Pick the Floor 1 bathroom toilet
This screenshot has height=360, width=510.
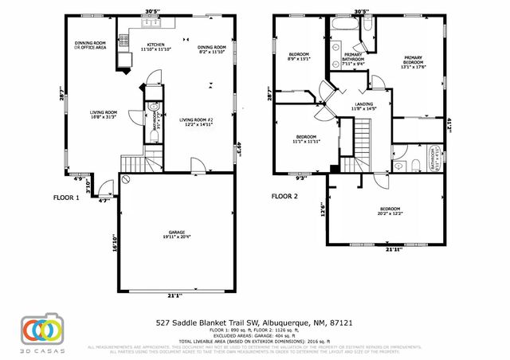tap(154, 108)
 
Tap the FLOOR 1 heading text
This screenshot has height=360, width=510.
tap(66, 196)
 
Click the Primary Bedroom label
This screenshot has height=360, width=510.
tap(414, 62)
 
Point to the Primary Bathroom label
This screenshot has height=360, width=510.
tap(353, 59)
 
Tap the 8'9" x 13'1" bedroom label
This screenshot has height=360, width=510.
tap(298, 56)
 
